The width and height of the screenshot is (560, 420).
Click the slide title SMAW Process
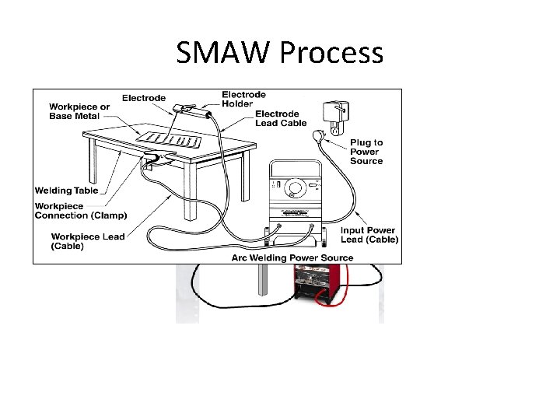tap(279, 53)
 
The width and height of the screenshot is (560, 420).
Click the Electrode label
tap(143, 98)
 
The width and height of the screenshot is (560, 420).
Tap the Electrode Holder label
tap(243, 99)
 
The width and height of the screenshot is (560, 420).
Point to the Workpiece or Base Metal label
tap(75, 110)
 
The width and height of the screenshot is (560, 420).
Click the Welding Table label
tap(66, 191)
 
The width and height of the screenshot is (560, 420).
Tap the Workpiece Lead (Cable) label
tap(88, 240)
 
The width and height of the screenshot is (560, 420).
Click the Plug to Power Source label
tap(366, 152)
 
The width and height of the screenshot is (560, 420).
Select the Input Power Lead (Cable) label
tap(368, 235)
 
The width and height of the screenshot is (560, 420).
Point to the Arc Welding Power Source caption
tap(292, 257)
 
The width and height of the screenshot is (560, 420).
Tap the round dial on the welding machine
tap(295, 187)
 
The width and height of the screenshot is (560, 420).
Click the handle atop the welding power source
tap(296, 165)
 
